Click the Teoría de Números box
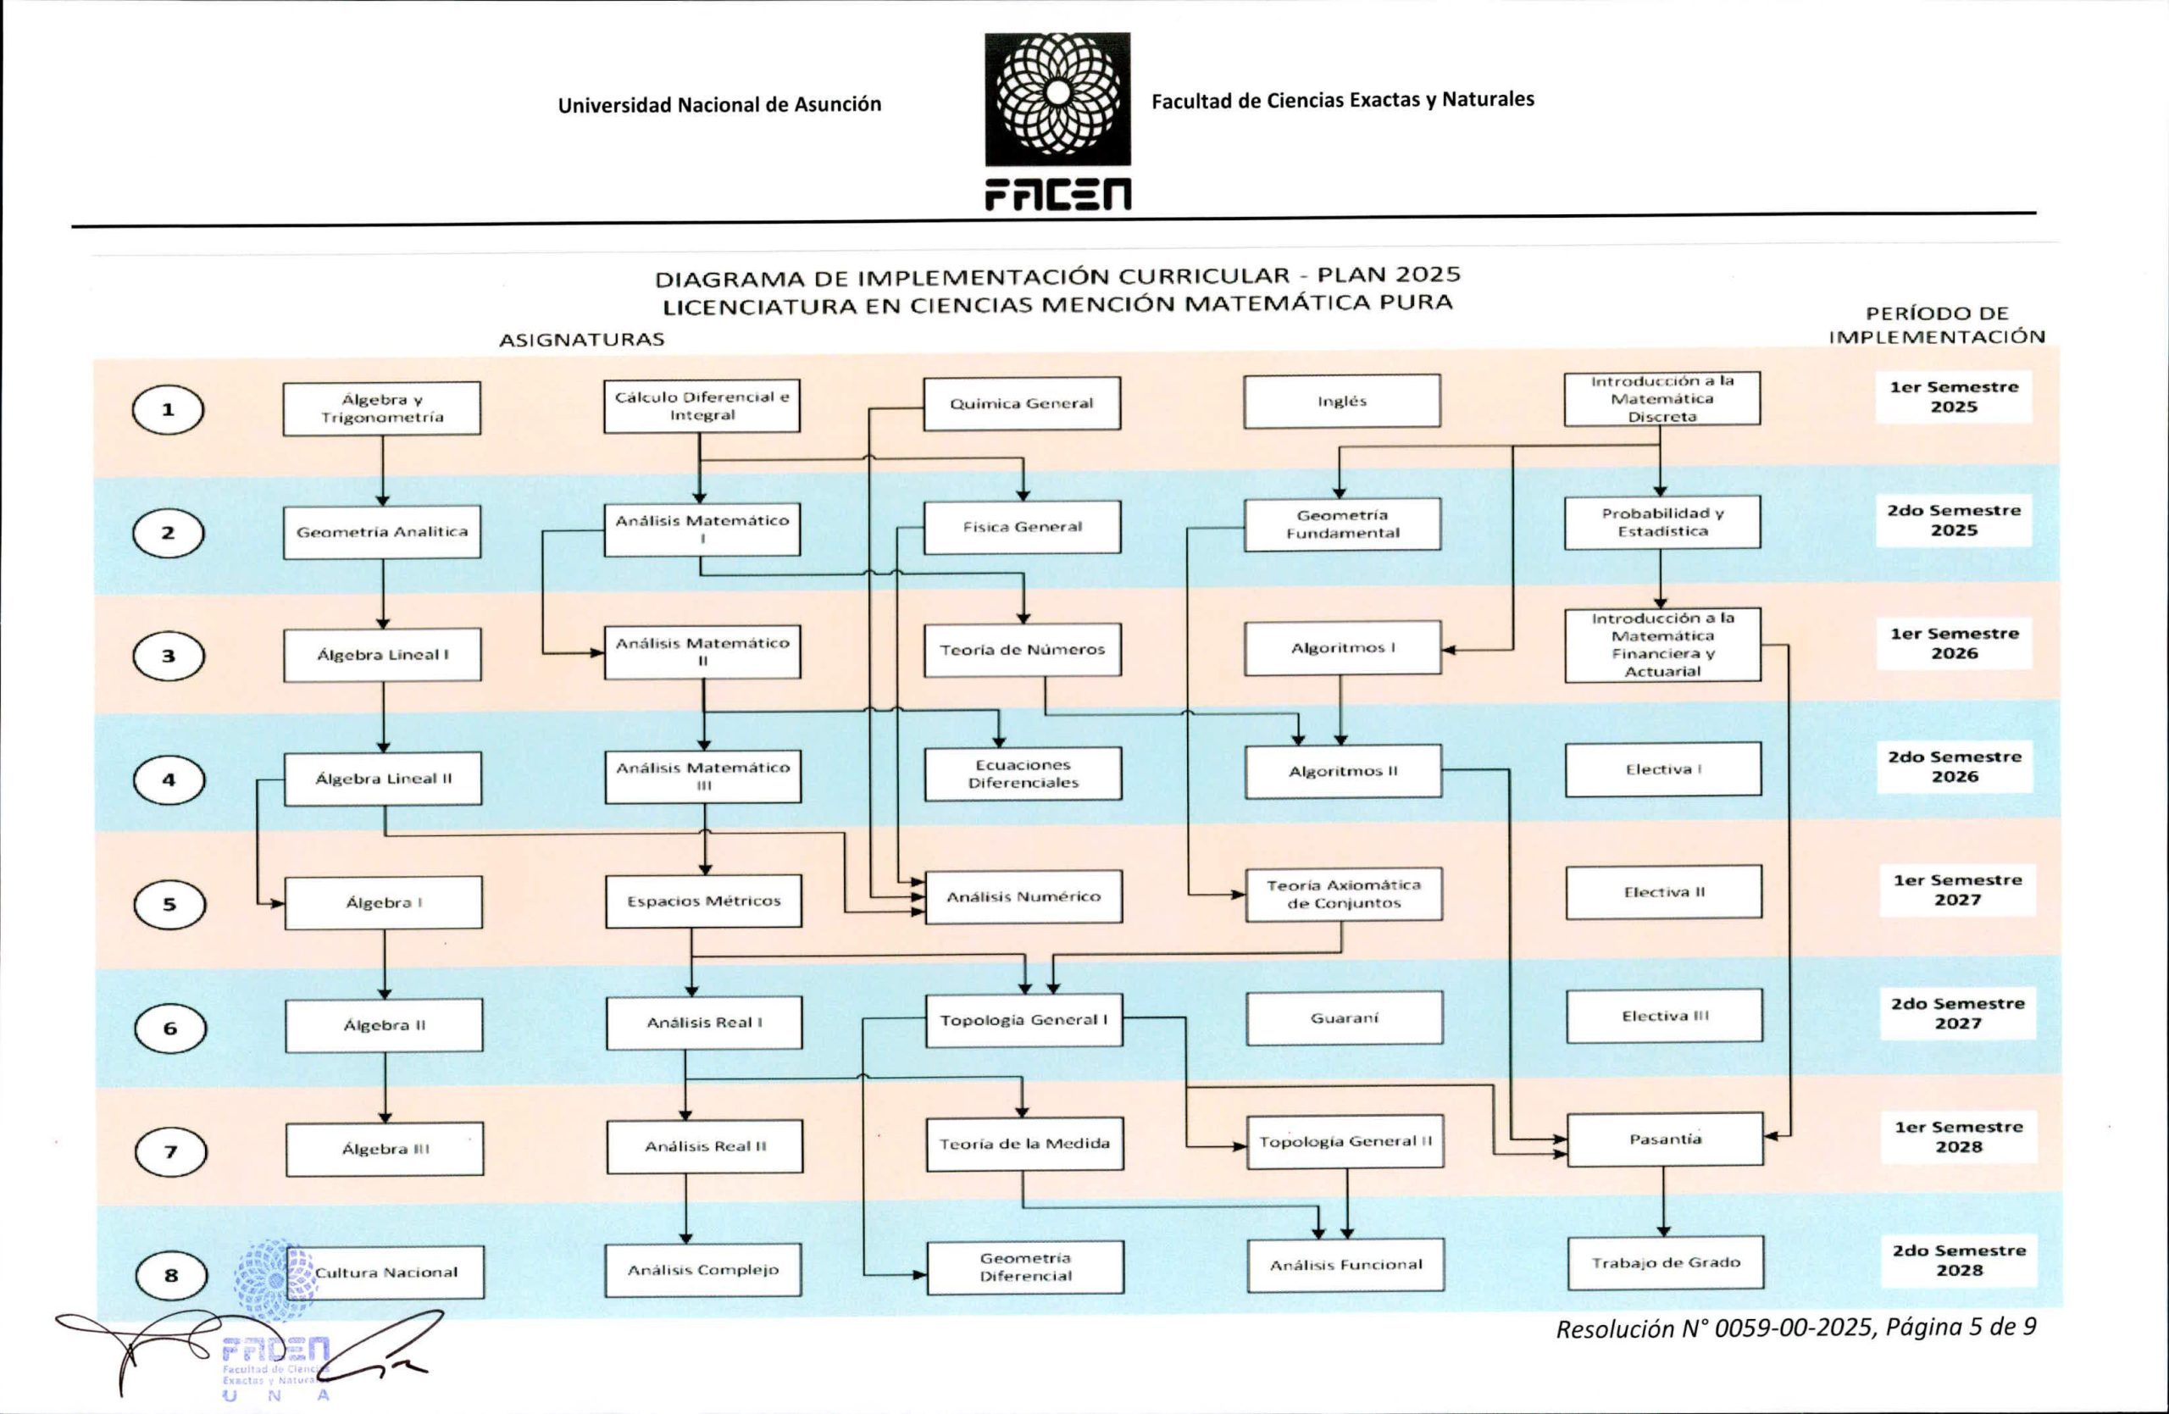tap(1023, 650)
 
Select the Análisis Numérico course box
tap(1023, 897)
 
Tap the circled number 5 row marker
tap(169, 905)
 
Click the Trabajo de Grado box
tap(1666, 1262)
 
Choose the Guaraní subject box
tap(1345, 1018)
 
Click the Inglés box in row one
tap(1341, 401)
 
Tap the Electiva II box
tap(1664, 892)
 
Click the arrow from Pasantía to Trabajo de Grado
tap(1664, 1201)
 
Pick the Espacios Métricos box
tap(703, 901)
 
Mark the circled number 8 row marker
tap(171, 1276)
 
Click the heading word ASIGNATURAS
tap(581, 340)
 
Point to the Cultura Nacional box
tap(386, 1273)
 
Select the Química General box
tap(1022, 403)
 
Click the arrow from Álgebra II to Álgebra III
tap(385, 1088)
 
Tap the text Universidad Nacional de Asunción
tap(720, 105)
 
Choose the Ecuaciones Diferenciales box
tap(1023, 774)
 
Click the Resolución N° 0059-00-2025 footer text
tap(1713, 1329)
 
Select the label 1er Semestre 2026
tap(1954, 643)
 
